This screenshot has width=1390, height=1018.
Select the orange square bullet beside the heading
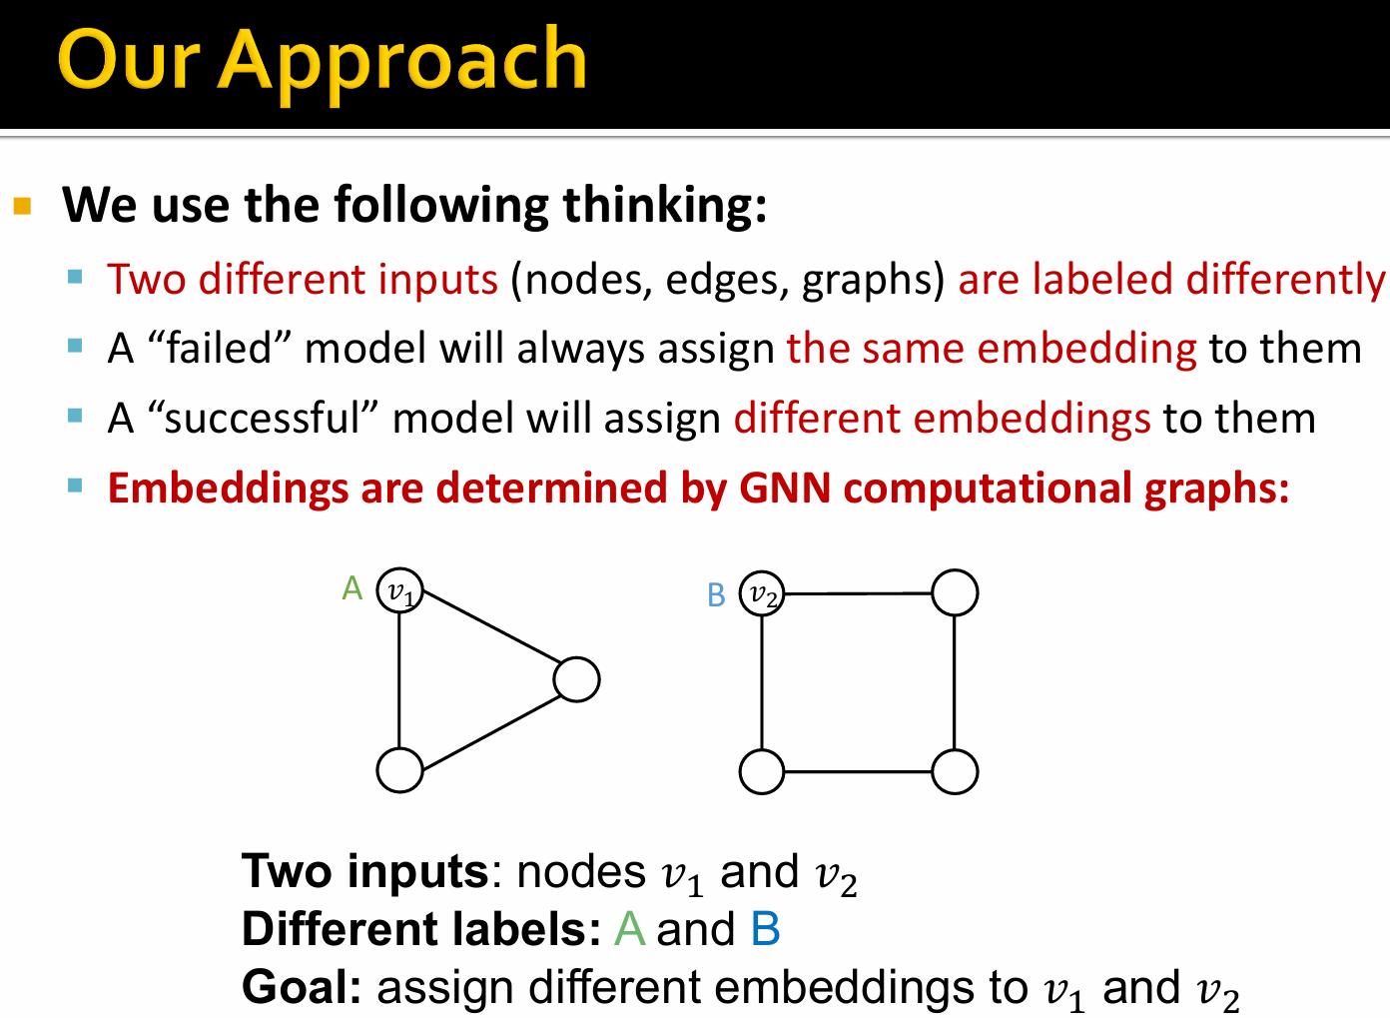tap(22, 206)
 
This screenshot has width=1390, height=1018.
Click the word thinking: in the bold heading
tap(665, 206)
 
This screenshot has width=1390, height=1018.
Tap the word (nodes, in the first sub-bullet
tap(581, 280)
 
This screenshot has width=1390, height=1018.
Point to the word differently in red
tap(1285, 280)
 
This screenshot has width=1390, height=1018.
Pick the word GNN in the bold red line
tap(784, 488)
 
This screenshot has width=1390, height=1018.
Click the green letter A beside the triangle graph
tap(351, 587)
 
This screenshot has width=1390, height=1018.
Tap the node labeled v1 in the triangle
tap(399, 590)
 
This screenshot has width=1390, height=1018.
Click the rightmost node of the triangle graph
tap(576, 679)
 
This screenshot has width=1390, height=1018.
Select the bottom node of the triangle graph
tap(399, 770)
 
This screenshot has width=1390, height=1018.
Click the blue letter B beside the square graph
tap(716, 595)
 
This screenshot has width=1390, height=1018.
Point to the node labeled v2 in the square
tap(762, 593)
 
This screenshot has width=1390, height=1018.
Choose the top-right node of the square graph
tap(955, 592)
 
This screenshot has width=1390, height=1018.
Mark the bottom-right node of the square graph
tap(955, 771)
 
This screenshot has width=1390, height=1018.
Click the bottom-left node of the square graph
tap(762, 771)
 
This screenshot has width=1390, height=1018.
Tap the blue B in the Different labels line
tap(765, 929)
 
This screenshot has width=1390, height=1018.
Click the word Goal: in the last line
tap(302, 987)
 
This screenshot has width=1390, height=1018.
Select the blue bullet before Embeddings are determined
tap(75, 486)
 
